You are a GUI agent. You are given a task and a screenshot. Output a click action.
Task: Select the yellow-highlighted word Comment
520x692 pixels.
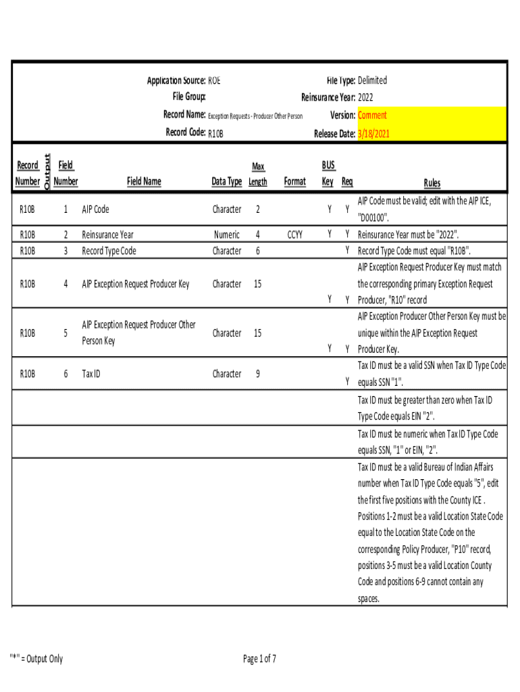pyautogui.click(x=372, y=116)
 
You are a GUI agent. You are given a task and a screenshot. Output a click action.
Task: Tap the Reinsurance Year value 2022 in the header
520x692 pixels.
pyautogui.click(x=365, y=97)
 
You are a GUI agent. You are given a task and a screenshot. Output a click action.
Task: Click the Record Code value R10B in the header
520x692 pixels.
pyautogui.click(x=215, y=134)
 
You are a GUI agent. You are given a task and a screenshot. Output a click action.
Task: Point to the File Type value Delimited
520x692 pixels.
pyautogui.click(x=372, y=80)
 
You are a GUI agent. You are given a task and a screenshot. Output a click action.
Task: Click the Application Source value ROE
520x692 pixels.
pyautogui.click(x=214, y=80)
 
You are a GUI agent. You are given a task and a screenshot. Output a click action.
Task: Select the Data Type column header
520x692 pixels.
pyautogui.click(x=227, y=181)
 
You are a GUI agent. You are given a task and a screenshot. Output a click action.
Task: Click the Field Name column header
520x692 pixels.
pyautogui.click(x=144, y=181)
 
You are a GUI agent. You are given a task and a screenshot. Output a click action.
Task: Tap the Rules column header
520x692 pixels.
pyautogui.click(x=432, y=182)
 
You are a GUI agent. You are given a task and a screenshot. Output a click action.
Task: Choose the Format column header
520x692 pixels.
pyautogui.click(x=294, y=181)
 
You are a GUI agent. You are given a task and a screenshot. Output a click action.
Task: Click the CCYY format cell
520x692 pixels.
pyautogui.click(x=294, y=234)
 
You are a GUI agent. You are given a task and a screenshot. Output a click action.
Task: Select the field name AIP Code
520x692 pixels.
pyautogui.click(x=95, y=209)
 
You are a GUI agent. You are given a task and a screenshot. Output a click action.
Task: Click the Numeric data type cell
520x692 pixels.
pyautogui.click(x=227, y=234)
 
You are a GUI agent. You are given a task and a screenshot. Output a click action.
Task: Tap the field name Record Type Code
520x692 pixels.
pyautogui.click(x=109, y=251)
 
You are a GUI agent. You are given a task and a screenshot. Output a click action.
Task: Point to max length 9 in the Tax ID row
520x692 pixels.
pyautogui.click(x=258, y=374)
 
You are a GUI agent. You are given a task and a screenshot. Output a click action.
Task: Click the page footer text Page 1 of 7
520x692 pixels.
pyautogui.click(x=260, y=659)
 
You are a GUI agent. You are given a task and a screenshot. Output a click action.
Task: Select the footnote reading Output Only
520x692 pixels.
pyautogui.click(x=36, y=659)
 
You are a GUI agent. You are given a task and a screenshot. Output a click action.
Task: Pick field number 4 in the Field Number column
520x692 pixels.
pyautogui.click(x=66, y=284)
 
